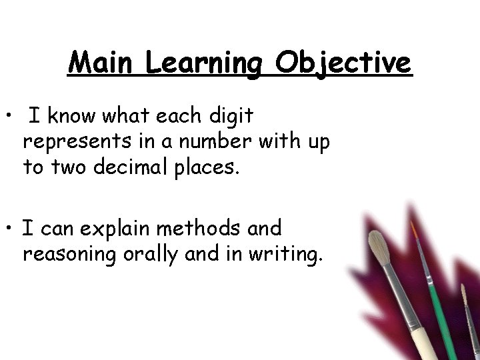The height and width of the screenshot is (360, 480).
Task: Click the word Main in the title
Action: pyautogui.click(x=101, y=63)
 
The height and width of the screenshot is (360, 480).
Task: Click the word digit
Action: pyautogui.click(x=230, y=117)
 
